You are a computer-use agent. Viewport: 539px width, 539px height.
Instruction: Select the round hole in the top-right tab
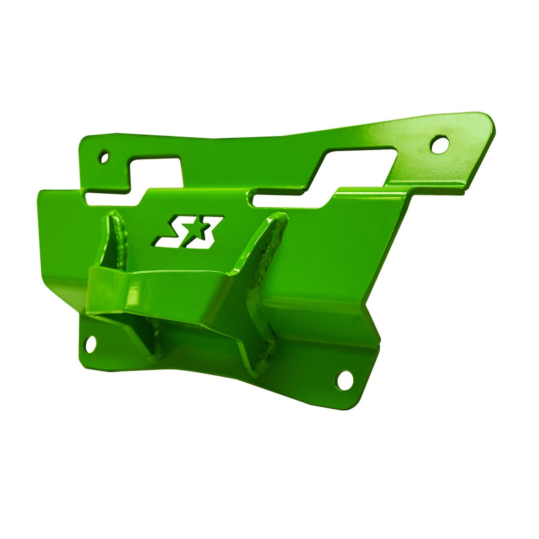[438, 145]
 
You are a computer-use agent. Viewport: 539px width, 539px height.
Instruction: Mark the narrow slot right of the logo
[286, 200]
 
